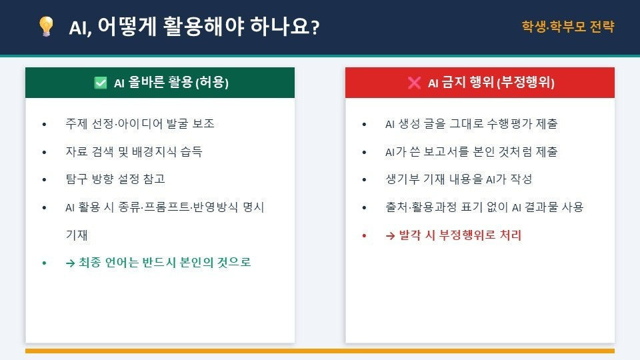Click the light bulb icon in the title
coord(46,27)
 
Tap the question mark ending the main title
coord(315,28)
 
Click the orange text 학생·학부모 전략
coord(568,27)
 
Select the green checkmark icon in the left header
coord(101,83)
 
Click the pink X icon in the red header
coord(414,83)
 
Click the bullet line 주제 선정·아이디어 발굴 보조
coord(140,124)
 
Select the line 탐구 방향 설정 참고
coord(115,179)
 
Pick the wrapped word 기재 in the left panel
coord(76,235)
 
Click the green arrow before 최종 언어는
coord(70,263)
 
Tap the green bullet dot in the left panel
coord(44,263)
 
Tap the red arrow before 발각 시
coord(390,236)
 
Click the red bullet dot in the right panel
coord(364,235)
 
